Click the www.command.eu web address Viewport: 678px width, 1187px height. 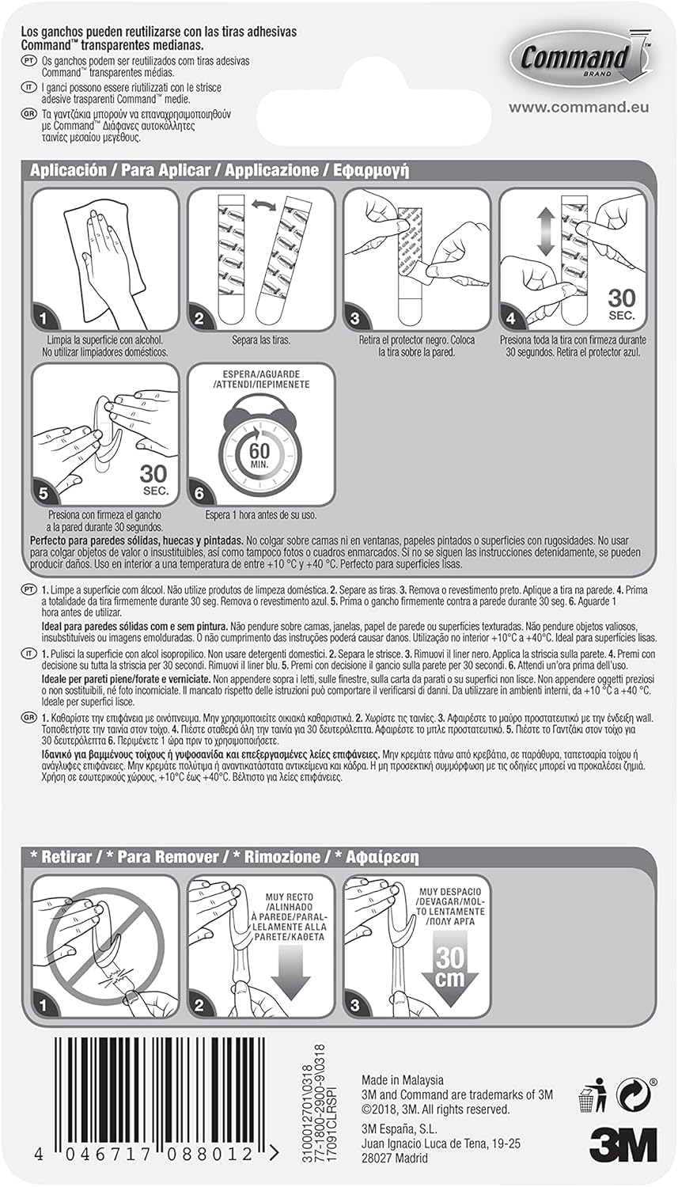(x=579, y=107)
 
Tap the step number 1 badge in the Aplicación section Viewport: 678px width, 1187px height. (x=44, y=318)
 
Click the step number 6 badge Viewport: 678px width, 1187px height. (x=199, y=493)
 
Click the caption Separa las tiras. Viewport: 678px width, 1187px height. (x=260, y=340)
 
